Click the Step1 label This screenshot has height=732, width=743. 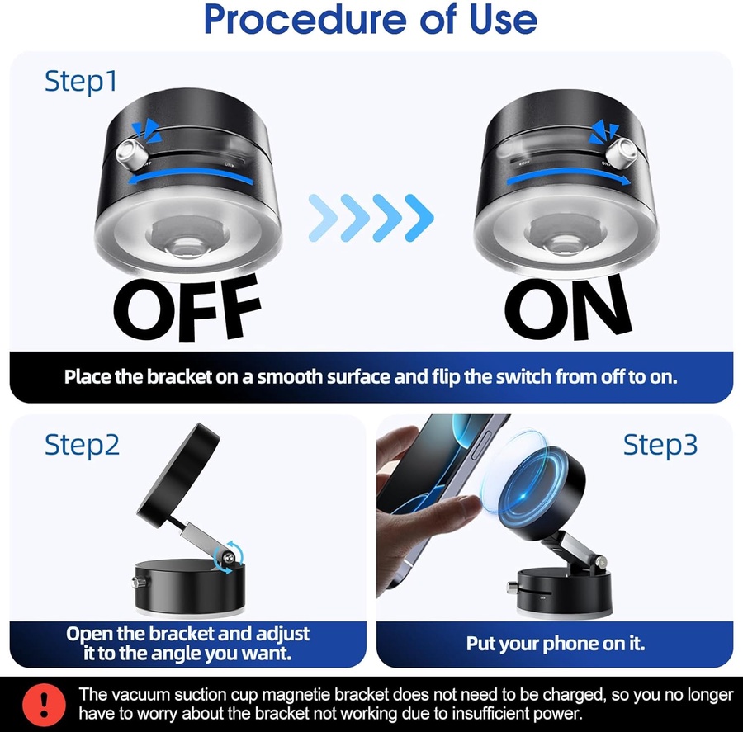81,82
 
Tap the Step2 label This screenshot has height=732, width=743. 82,446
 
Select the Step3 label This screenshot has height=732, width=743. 660,446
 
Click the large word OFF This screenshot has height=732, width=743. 187,308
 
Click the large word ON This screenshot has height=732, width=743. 568,307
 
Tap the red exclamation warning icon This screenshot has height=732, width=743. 44,705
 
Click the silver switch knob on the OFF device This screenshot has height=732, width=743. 130,154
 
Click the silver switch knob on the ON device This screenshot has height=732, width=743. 623,153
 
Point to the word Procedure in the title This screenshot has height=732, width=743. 305,19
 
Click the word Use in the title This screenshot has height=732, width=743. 504,19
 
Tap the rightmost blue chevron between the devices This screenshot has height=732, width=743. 419,218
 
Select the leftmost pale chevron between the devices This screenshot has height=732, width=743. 323,218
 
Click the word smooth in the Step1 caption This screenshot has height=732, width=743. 290,376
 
